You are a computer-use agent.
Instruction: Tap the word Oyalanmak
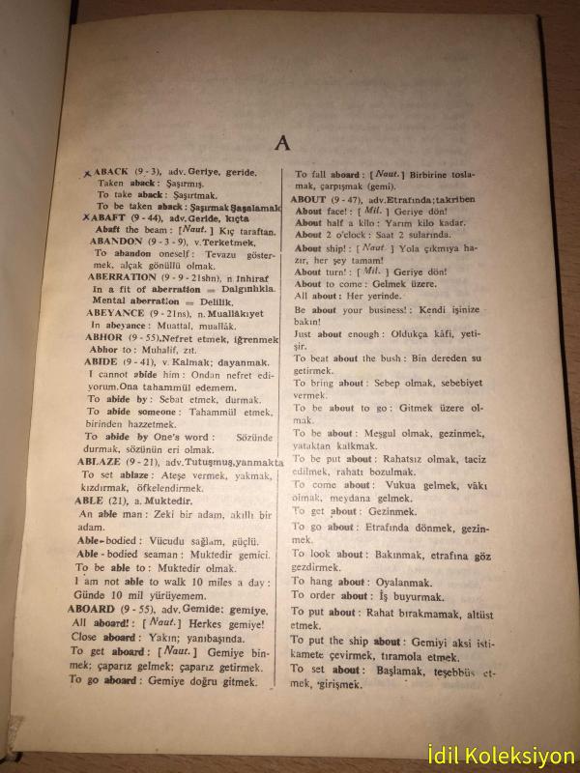point(400,582)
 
